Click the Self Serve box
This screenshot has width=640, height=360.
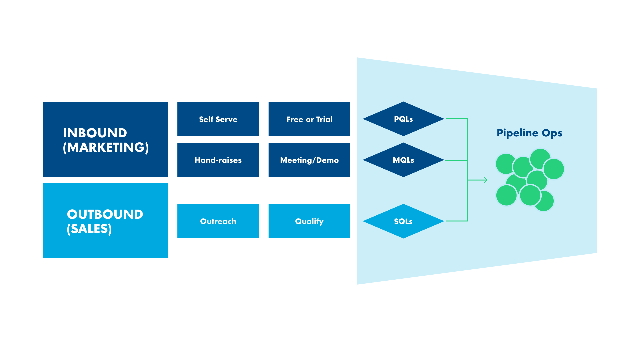pos(218,119)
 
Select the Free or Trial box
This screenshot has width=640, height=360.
pos(309,119)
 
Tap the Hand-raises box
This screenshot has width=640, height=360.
pos(218,160)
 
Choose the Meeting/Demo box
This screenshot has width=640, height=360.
pos(309,160)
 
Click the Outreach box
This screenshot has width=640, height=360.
pos(218,221)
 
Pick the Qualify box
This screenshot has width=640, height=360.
pos(309,221)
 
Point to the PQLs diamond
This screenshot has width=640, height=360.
pos(403,119)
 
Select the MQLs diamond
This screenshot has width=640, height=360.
pos(403,160)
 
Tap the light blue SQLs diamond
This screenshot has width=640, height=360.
pos(403,221)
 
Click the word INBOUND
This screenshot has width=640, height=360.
pos(95,133)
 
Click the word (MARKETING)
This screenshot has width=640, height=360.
pos(106,147)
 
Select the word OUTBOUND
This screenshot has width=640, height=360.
pos(105,214)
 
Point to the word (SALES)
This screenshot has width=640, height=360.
pos(89,229)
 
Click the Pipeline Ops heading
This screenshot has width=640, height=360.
pos(529,133)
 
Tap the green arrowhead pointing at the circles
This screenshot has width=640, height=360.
pos(486,180)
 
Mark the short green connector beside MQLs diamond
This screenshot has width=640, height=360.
pos(456,161)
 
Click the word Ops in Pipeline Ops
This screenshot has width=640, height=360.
pos(552,133)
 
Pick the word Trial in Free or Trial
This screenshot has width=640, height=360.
pos(324,119)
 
